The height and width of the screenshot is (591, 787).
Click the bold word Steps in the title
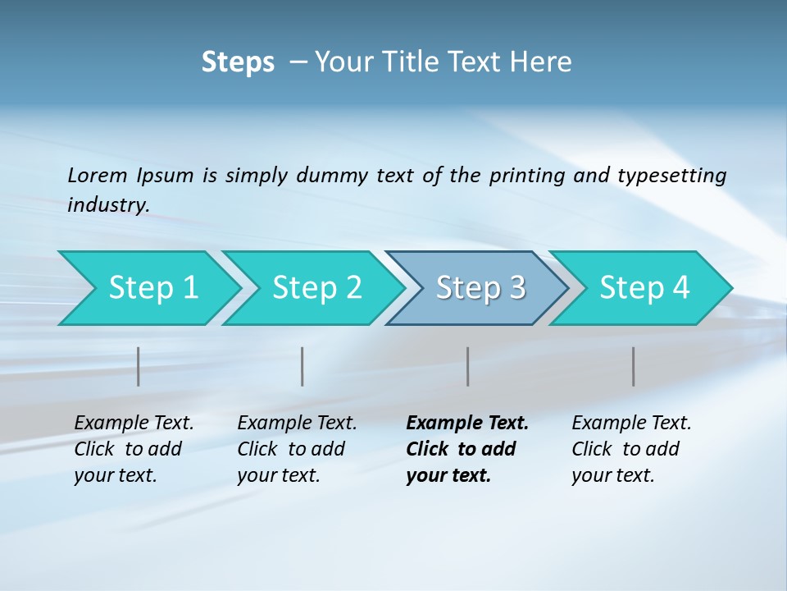tap(238, 62)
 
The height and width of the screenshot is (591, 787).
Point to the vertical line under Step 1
tap(139, 366)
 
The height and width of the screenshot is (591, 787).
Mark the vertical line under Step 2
tap(303, 366)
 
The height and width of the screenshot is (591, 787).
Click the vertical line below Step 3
tap(467, 366)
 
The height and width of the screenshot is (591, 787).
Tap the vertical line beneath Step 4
tap(633, 366)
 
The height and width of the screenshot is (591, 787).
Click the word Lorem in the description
tap(98, 176)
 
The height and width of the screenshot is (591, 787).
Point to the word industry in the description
tap(108, 205)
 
